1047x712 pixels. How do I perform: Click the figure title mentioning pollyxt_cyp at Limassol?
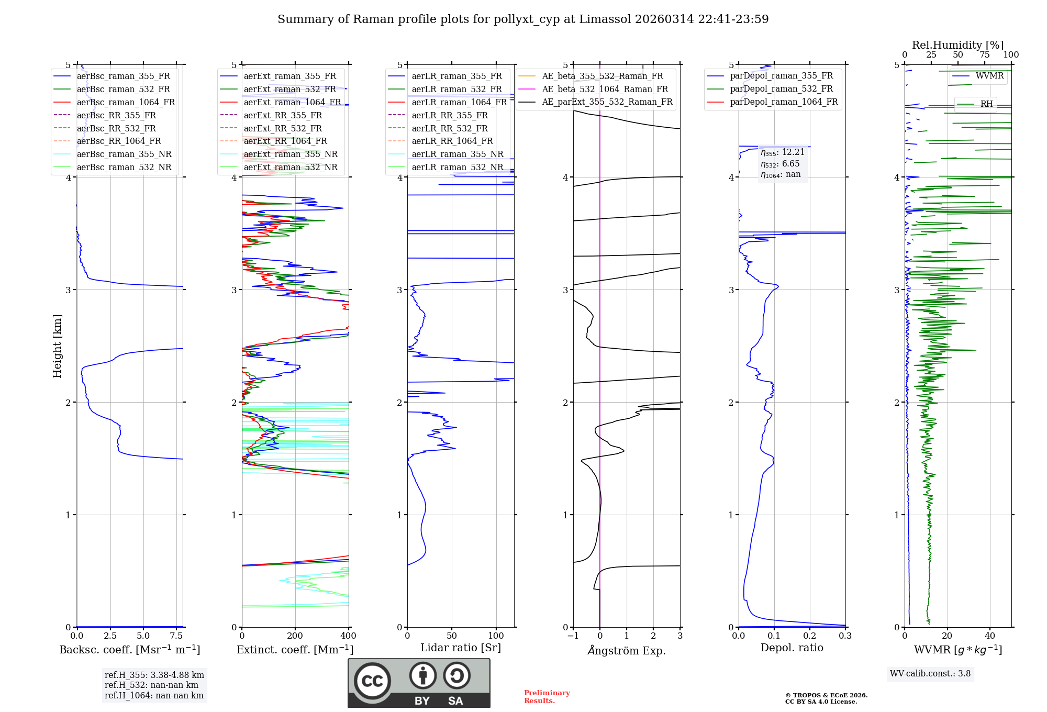[x=523, y=19]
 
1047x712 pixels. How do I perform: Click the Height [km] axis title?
[x=57, y=346]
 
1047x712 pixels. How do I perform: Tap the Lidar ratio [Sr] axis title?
[x=461, y=648]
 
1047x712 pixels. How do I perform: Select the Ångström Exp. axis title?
[x=627, y=650]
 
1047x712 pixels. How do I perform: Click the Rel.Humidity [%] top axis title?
[x=957, y=45]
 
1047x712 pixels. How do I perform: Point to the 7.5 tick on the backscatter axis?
[x=176, y=636]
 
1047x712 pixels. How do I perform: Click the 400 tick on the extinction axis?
[x=348, y=636]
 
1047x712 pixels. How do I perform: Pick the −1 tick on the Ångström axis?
[x=573, y=636]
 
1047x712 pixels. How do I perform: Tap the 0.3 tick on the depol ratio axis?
[x=845, y=636]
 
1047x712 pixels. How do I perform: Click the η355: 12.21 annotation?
[x=783, y=152]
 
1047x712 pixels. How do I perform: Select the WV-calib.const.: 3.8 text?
[x=930, y=674]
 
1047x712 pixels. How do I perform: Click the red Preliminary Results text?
[x=547, y=696]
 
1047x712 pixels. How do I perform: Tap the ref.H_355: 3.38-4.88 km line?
[x=154, y=675]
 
